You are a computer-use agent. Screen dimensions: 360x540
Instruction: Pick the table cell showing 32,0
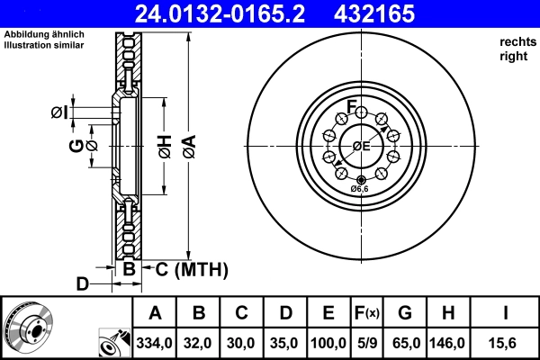tap(199, 343)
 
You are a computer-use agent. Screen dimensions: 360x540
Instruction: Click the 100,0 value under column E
tap(328, 343)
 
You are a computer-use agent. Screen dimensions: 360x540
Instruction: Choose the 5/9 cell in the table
tap(368, 343)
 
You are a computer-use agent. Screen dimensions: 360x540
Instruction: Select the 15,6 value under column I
tap(507, 343)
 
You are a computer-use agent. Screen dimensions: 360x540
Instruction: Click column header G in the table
tap(405, 314)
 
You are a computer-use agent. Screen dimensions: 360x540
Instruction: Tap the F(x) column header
tap(368, 314)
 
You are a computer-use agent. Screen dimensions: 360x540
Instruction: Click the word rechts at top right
tap(517, 41)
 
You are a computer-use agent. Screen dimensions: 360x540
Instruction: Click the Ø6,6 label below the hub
tap(359, 188)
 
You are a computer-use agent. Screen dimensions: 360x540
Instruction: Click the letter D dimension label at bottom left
tap(82, 284)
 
